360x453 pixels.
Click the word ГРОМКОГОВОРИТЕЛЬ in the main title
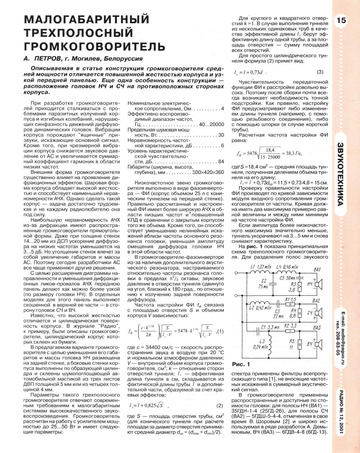click(x=95, y=46)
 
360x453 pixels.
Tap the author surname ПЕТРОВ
click(x=48, y=58)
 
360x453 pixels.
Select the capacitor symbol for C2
click(x=274, y=283)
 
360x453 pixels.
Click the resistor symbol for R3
click(x=299, y=286)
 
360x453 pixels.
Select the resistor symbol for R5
click(x=299, y=344)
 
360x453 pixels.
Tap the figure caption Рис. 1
click(x=241, y=363)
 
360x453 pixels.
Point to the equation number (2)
click(x=220, y=405)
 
